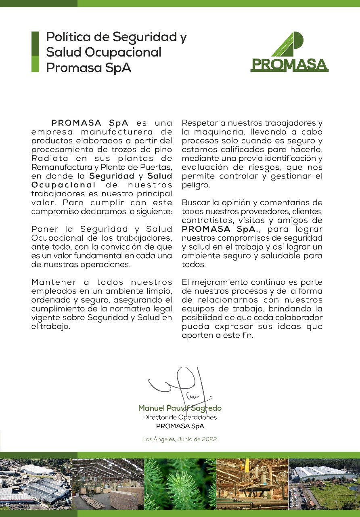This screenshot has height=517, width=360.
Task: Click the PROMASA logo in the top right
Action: pyautogui.click(x=289, y=53)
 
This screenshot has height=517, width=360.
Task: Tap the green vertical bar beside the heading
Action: pyautogui.click(x=36, y=52)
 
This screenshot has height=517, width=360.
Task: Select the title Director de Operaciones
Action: pyautogui.click(x=180, y=417)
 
